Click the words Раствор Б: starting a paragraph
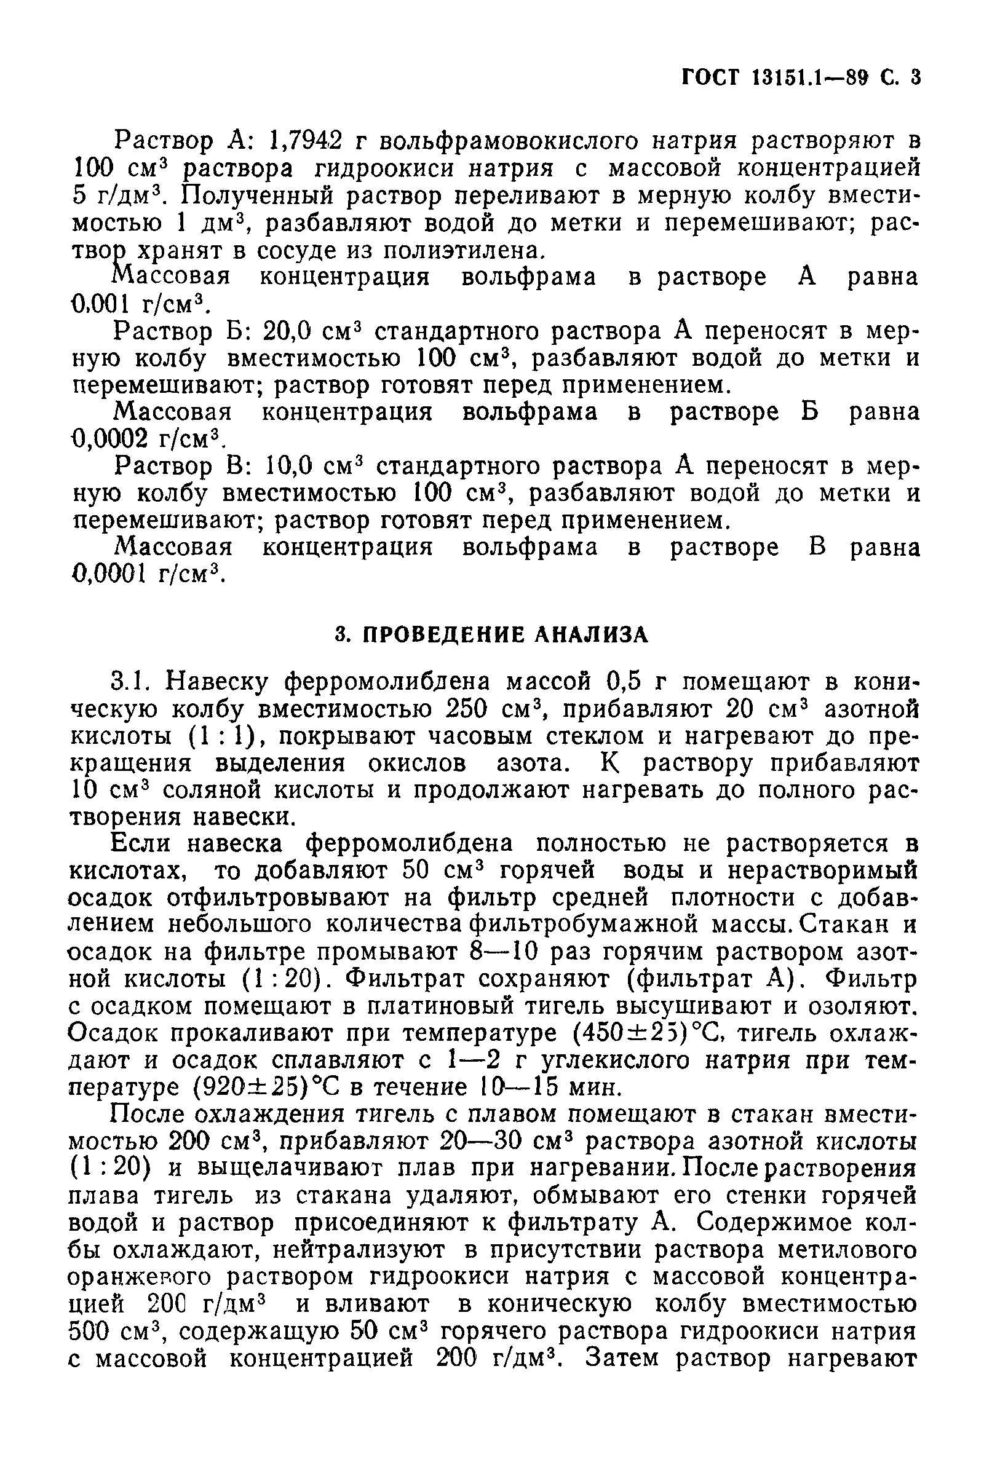tap(183, 331)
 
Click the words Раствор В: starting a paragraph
tap(183, 466)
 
